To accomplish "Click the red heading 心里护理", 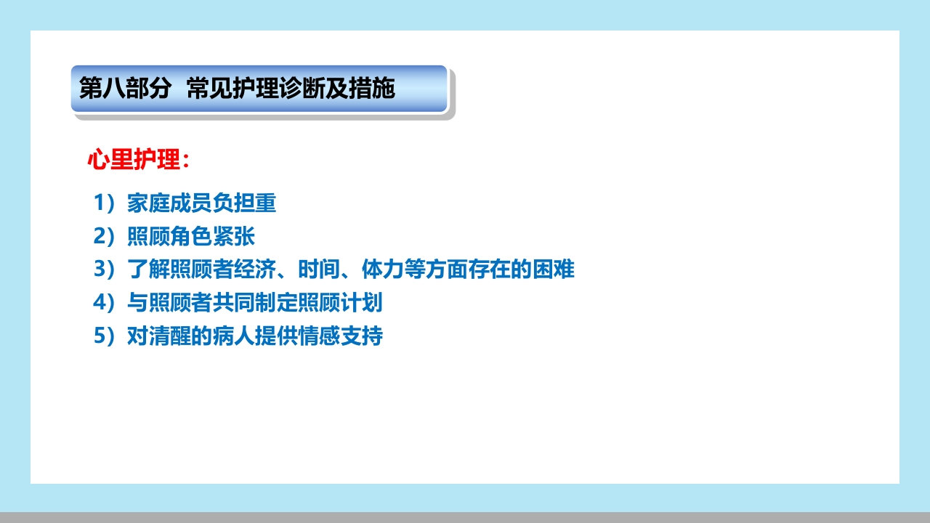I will tap(134, 161).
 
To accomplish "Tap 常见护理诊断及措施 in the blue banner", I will tap(291, 89).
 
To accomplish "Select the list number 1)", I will tap(105, 203).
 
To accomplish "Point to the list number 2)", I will tap(105, 237).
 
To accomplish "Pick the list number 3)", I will tap(105, 270).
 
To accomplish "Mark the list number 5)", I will tap(105, 337).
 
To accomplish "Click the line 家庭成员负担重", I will tap(202, 203).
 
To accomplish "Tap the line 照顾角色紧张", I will tap(191, 237).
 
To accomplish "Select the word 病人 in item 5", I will tap(234, 337).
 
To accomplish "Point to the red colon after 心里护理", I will tap(186, 162).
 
